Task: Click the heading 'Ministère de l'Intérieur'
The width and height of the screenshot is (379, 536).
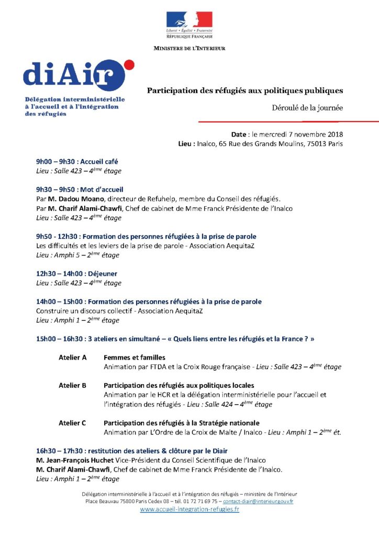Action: (x=189, y=48)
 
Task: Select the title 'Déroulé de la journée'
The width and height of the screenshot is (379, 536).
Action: (x=307, y=108)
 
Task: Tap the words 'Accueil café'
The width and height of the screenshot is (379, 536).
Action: (x=99, y=162)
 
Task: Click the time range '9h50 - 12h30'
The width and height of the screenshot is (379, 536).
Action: (x=56, y=237)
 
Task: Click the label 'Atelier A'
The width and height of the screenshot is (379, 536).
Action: (x=72, y=358)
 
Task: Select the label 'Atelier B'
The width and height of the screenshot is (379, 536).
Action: (x=72, y=386)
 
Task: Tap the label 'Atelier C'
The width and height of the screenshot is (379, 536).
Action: (x=72, y=423)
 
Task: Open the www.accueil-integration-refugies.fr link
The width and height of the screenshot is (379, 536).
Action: (x=189, y=510)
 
